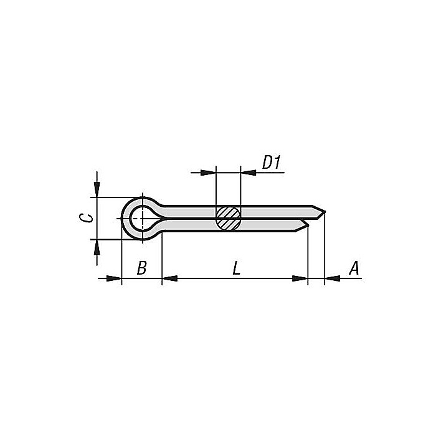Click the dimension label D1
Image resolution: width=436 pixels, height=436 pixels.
[x=272, y=163]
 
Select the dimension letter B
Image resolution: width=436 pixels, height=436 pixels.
[x=142, y=268]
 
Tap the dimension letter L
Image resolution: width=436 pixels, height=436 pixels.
[x=236, y=268]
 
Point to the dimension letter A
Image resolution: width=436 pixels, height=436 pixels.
[x=354, y=268]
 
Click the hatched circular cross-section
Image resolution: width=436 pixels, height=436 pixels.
[x=228, y=217]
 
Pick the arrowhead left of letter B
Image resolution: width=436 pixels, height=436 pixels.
[x=114, y=278]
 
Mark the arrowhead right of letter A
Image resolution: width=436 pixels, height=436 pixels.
[x=333, y=278]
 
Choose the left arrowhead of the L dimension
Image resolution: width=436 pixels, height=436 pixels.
[x=169, y=278]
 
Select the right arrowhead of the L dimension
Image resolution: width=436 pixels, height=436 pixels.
[x=301, y=278]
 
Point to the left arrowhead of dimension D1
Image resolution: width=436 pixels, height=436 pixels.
[x=208, y=171]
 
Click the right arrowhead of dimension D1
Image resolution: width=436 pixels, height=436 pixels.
[x=247, y=171]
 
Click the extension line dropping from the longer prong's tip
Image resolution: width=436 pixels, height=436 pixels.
[x=325, y=249]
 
